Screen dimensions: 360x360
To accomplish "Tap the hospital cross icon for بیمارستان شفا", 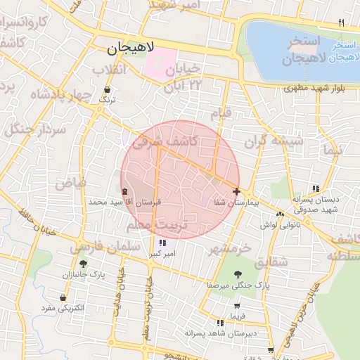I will (236, 191).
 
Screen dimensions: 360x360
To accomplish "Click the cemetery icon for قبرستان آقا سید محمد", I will (125, 191).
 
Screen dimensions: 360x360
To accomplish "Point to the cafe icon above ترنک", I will (107, 90).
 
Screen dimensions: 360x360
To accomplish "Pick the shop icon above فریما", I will (238, 306).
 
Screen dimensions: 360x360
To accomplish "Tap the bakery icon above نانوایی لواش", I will (280, 214).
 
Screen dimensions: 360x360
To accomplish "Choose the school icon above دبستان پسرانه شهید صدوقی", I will (316, 188).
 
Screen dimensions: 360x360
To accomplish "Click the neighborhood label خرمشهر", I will (231, 249).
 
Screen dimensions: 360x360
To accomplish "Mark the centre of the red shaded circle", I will (180, 180).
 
